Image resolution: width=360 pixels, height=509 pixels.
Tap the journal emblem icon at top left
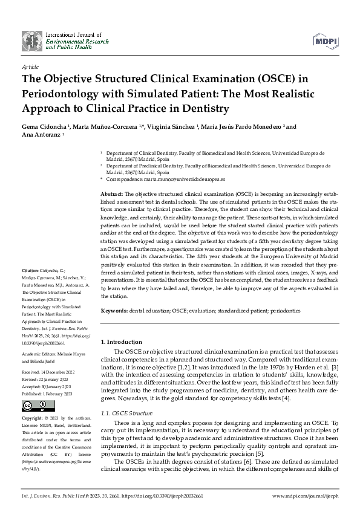click(x=33, y=41)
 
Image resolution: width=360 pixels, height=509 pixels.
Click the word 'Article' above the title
click(x=30, y=66)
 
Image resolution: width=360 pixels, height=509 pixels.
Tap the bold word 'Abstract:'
click(x=113, y=192)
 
